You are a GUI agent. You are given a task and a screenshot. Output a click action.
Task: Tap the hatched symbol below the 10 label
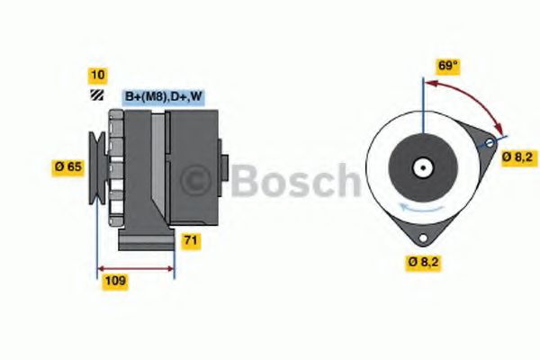pyautogui.click(x=95, y=94)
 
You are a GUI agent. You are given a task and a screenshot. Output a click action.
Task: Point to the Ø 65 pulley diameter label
pyautogui.click(x=69, y=166)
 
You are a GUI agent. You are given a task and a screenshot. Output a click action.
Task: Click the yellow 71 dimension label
pyautogui.click(x=191, y=240)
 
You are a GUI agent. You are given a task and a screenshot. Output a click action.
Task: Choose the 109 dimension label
pyautogui.click(x=114, y=281)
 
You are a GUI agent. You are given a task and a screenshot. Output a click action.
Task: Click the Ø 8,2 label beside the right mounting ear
pyautogui.click(x=517, y=157)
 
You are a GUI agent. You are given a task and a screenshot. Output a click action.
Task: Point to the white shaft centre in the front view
pyautogui.click(x=420, y=166)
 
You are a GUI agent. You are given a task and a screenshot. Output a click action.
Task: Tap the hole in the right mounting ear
pyautogui.click(x=490, y=143)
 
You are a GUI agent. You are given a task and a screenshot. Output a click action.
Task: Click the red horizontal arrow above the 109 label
pyautogui.click(x=135, y=267)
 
